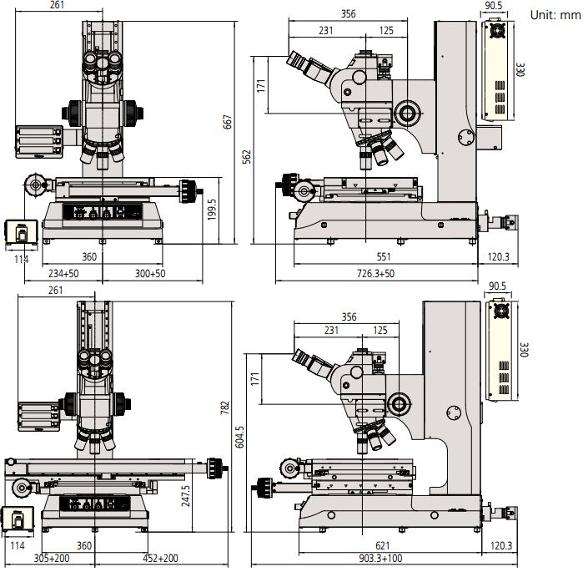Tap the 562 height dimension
(x=247, y=157)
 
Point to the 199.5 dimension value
(x=212, y=210)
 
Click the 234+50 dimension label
(x=63, y=273)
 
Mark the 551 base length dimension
(x=384, y=257)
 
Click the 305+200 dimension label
(x=51, y=559)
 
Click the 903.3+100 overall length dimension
(x=393, y=559)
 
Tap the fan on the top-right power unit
(x=499, y=31)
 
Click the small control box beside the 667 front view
(x=18, y=232)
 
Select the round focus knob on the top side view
(x=408, y=111)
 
